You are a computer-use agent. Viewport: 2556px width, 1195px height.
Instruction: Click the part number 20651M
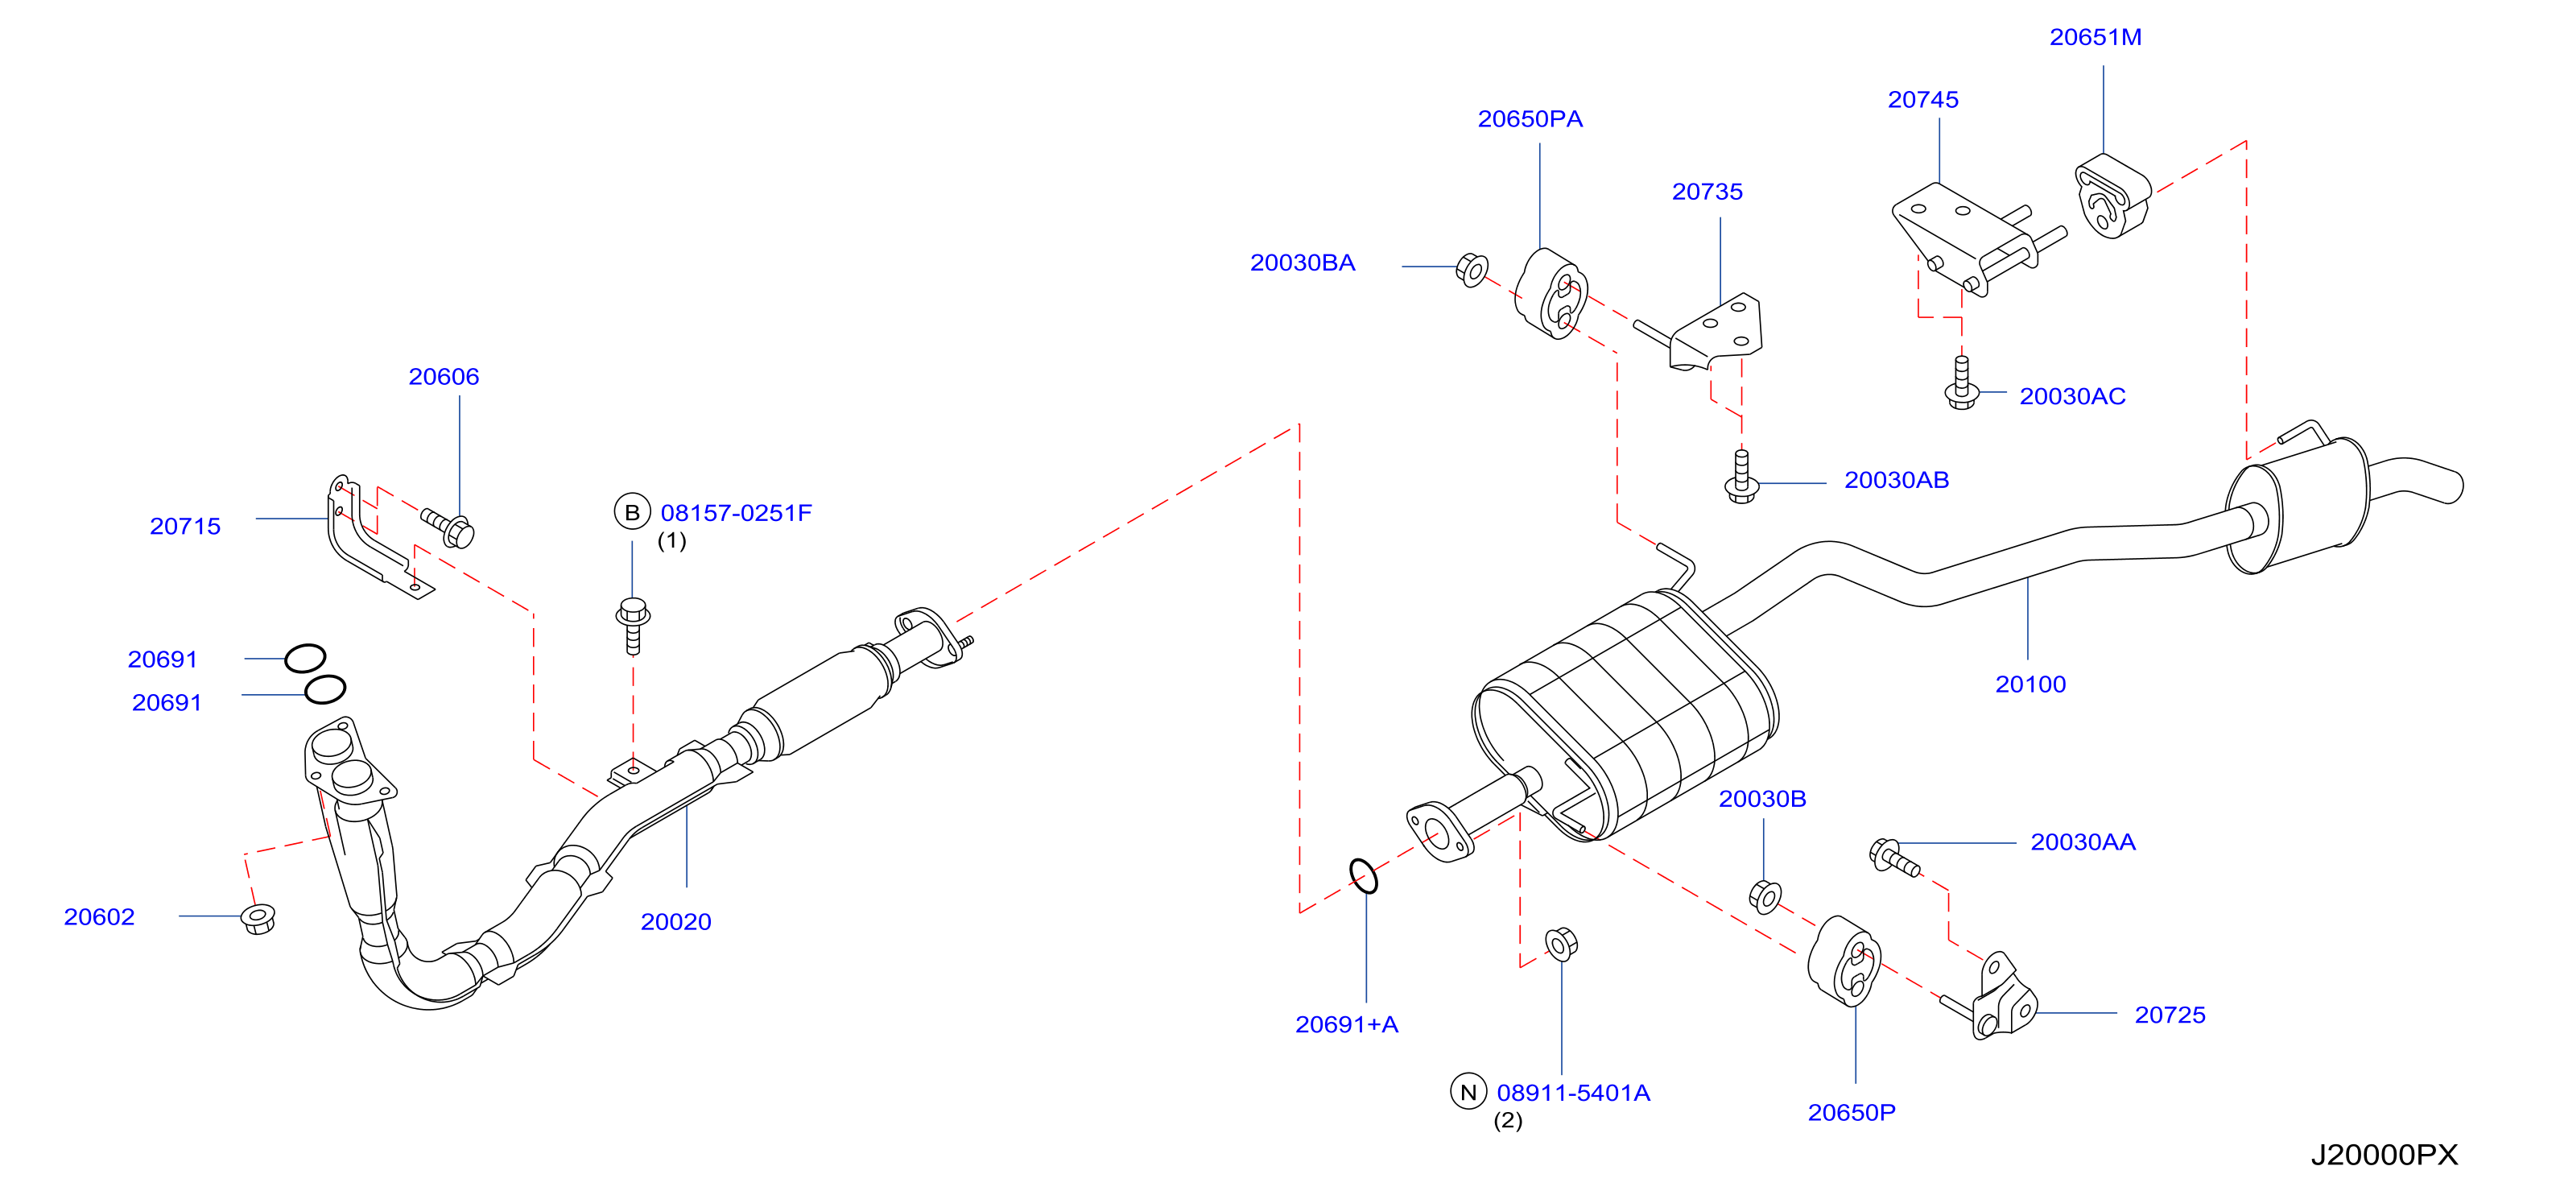[2095, 38]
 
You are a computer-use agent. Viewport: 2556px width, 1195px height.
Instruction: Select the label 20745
[1923, 100]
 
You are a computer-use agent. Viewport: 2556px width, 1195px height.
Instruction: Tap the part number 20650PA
[1530, 119]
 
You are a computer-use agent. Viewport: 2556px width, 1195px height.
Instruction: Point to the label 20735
[1707, 192]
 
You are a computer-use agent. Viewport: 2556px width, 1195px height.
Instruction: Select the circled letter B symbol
[632, 512]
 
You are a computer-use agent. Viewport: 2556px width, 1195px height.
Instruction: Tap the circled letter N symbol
[1468, 1092]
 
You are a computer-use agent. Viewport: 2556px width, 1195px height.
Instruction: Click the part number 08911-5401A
[1574, 1093]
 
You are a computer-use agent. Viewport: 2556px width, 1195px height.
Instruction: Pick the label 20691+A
[1347, 1024]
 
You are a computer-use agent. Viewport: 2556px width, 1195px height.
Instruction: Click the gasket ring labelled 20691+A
[1363, 876]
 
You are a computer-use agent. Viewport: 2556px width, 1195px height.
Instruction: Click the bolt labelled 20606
[448, 527]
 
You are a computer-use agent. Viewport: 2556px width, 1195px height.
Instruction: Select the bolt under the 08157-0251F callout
[633, 626]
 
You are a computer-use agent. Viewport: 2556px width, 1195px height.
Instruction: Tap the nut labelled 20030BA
[1472, 270]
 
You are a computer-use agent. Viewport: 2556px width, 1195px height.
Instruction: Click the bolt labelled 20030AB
[1741, 477]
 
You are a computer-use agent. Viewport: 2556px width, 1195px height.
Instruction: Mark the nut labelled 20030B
[1765, 896]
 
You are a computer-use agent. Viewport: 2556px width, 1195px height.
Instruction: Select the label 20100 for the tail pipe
[2030, 684]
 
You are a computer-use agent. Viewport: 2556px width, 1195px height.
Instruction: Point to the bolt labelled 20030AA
[1894, 858]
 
